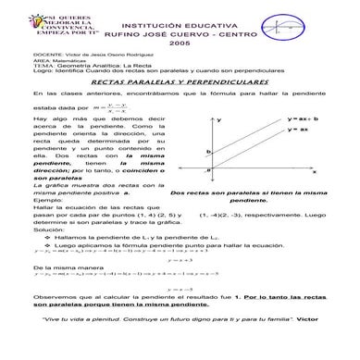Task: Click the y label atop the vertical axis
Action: (x=220, y=120)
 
